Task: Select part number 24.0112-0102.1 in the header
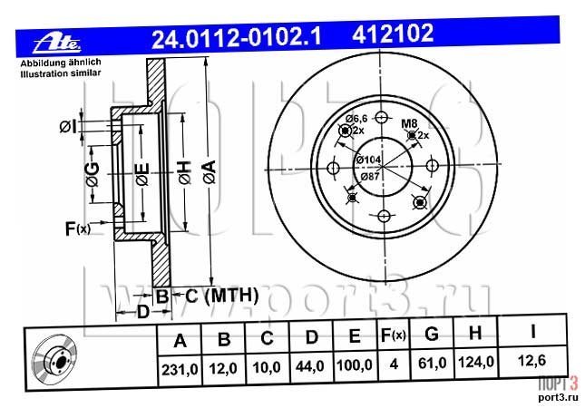pyautogui.click(x=236, y=38)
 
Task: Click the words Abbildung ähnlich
pyautogui.click(x=61, y=63)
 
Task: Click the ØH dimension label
pyautogui.click(x=185, y=172)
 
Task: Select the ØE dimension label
pyautogui.click(x=142, y=174)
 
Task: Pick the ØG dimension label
pyautogui.click(x=93, y=174)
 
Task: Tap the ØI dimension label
pyautogui.click(x=67, y=127)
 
